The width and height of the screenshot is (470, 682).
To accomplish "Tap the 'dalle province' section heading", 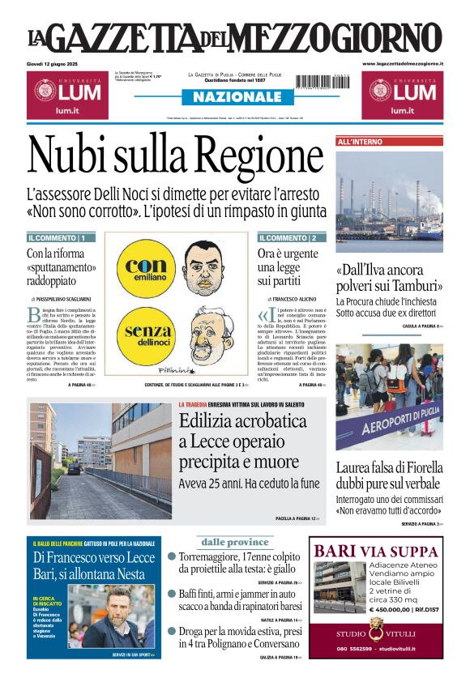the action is click(x=235, y=542).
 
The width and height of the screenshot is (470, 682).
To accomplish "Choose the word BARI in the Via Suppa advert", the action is click(x=335, y=552).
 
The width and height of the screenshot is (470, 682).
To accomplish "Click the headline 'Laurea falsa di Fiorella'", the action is click(x=389, y=468).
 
